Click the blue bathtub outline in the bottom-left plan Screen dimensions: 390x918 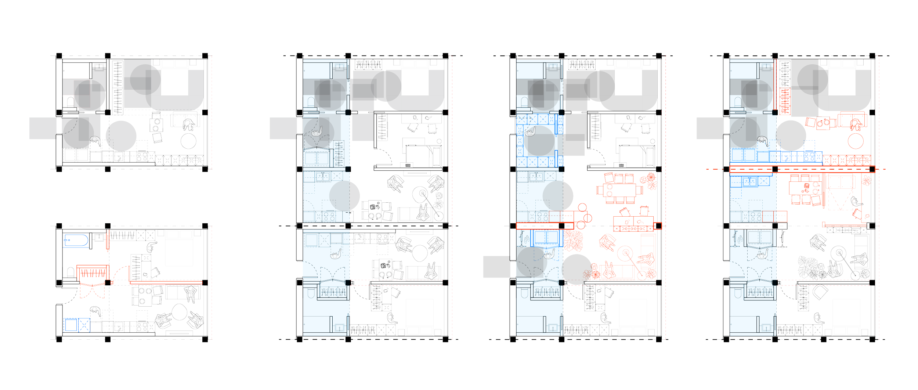(76, 241)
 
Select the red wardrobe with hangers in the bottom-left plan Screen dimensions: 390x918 (93, 273)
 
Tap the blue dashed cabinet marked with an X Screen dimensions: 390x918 (84, 325)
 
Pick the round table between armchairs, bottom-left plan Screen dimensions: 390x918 (179, 312)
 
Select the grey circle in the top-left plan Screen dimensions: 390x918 (121, 136)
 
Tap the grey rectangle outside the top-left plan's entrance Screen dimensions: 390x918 (43, 128)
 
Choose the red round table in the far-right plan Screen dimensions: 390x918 (856, 141)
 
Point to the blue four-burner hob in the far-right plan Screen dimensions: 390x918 (809, 157)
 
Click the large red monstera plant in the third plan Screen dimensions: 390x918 (573, 241)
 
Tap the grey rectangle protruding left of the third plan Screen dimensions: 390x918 (496, 267)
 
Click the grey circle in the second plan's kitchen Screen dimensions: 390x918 (344, 196)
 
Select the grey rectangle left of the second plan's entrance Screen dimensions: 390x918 (283, 128)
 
